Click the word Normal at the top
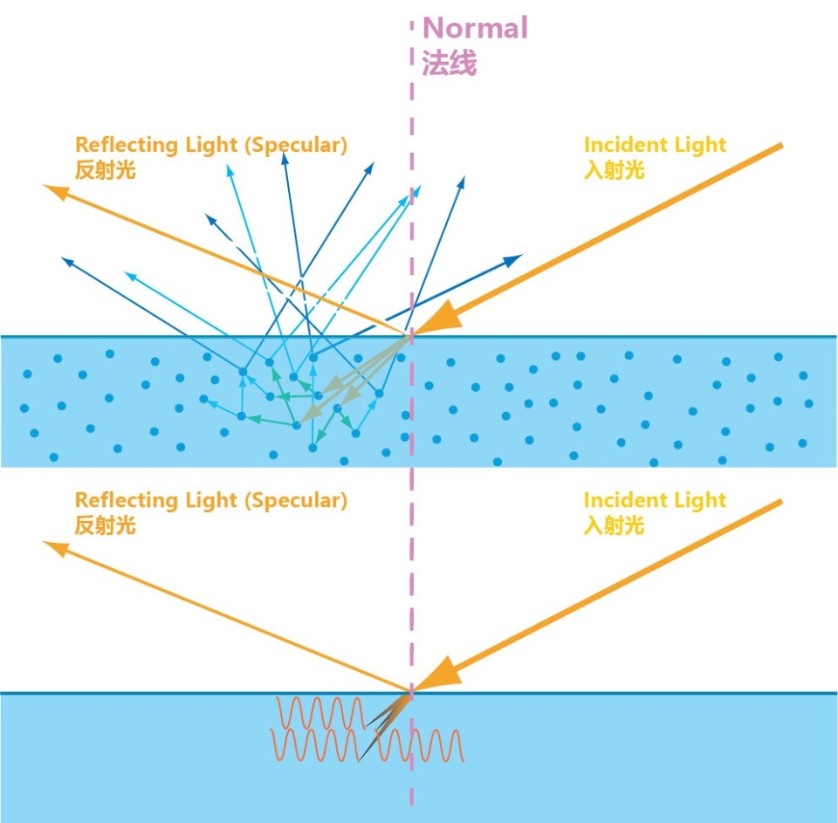click(475, 28)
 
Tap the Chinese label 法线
click(450, 64)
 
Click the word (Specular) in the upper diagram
click(295, 146)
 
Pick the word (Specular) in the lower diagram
click(295, 501)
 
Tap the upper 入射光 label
click(614, 169)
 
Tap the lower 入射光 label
click(614, 525)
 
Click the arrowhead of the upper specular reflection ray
click(58, 190)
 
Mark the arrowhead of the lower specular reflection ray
click(57, 547)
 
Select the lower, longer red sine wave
click(367, 746)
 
